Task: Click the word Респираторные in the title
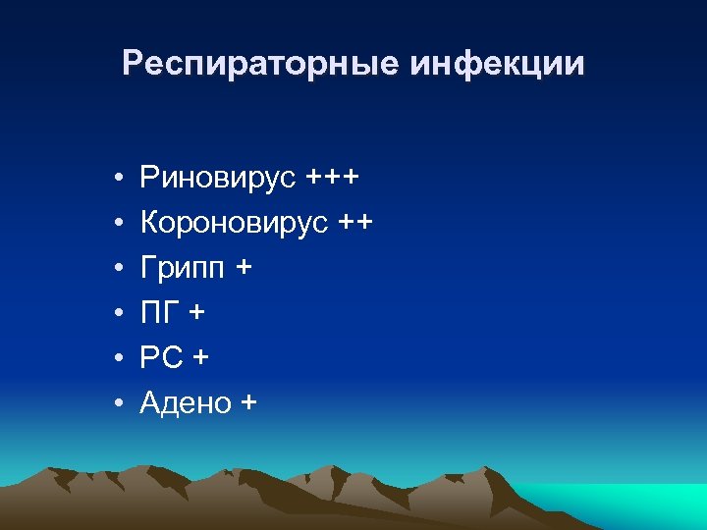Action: point(260,65)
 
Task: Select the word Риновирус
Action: point(218,179)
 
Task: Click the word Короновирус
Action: point(233,224)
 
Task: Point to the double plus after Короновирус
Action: point(354,224)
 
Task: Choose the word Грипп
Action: point(182,269)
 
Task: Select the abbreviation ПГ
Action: point(160,313)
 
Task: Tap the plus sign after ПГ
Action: point(199,313)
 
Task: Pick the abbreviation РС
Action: point(161,357)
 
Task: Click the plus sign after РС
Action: point(201,357)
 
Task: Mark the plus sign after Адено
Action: point(246,401)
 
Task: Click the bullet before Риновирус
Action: point(117,180)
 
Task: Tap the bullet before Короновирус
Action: point(117,225)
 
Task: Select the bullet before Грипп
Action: point(117,269)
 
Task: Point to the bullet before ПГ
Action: point(117,314)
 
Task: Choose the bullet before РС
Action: point(117,358)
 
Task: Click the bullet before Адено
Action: point(117,402)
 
